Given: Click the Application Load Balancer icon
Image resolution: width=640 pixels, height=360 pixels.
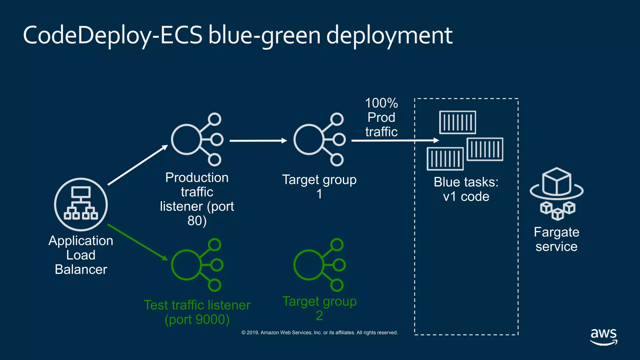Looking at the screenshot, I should coord(81,204).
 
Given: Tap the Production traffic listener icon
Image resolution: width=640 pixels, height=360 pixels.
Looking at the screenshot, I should coord(197,139).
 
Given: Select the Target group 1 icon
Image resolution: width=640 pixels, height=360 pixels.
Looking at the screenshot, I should coord(319,139).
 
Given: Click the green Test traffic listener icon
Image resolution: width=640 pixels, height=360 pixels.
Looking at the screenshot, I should coord(197,265).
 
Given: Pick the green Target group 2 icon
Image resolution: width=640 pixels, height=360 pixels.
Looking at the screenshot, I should coord(319,265).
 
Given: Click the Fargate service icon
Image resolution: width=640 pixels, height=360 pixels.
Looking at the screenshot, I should coord(557,194).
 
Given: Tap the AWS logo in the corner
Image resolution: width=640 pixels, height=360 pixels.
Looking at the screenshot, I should coord(603,337).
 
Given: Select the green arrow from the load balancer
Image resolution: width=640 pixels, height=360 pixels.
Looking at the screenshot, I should coord(137,242).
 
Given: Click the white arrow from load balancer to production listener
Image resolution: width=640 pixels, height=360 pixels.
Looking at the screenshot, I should coord(137,165).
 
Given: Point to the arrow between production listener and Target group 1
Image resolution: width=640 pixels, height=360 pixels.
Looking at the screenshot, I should coord(258,141).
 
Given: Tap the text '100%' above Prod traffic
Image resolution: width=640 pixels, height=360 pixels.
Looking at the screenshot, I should coord(381,103).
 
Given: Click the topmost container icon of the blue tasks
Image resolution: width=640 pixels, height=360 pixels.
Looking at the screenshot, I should coord(457,122).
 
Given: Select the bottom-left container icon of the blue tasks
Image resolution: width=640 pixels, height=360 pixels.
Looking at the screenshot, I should coord(445,159).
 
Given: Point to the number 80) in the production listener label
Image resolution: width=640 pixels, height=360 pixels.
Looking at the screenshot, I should coord(197,221).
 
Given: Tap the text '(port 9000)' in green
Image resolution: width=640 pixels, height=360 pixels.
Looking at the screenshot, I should coord(197,319).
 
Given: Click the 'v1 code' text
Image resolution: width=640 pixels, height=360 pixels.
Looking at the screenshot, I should coord(466,197).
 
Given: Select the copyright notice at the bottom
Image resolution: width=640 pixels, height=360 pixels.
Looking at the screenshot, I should coord(319,332).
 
